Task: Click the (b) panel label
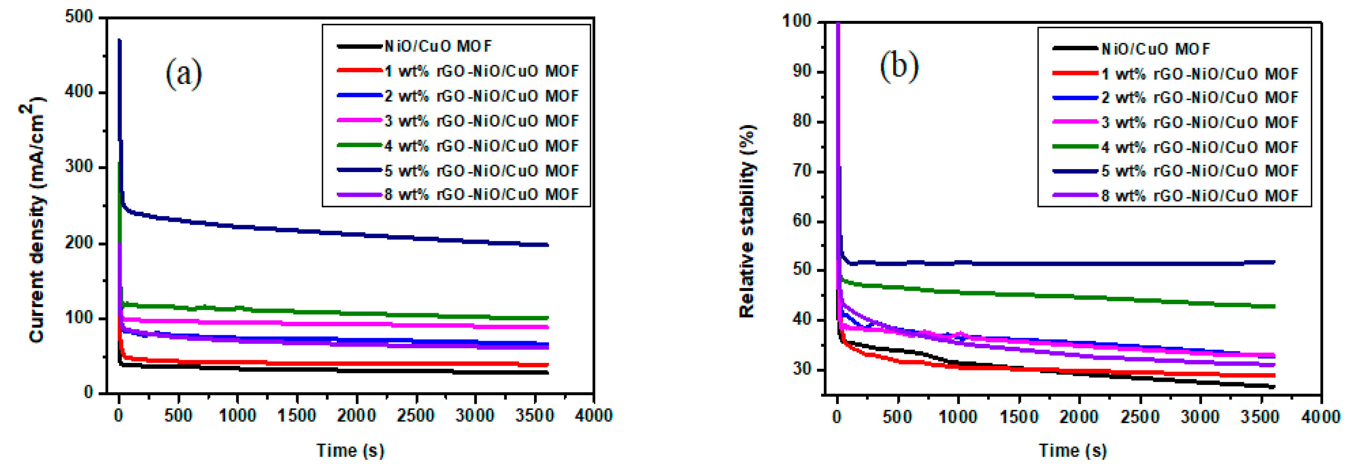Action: (899, 66)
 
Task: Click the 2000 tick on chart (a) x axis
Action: (357, 416)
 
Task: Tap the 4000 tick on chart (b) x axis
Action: (1321, 417)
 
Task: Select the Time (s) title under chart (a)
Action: (350, 450)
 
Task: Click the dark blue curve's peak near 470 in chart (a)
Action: (119, 40)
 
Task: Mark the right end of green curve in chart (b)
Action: (1274, 306)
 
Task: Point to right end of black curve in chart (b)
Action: (1274, 387)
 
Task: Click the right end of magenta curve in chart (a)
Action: (548, 327)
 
